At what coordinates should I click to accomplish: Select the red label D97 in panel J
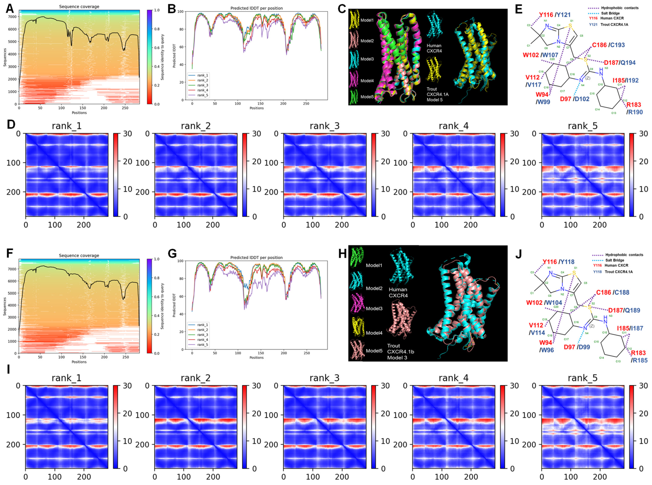[569, 347]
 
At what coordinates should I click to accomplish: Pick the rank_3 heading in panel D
[324, 126]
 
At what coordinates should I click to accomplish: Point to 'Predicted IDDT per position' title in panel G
[256, 257]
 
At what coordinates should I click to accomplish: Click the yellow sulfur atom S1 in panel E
[570, 26]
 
